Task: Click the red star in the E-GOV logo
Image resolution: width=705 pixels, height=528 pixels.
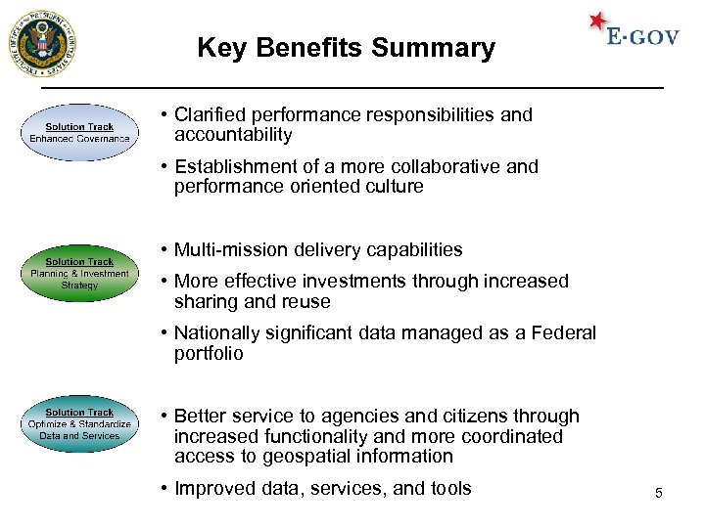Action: point(599,22)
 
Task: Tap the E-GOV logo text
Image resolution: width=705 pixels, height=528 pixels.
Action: point(642,38)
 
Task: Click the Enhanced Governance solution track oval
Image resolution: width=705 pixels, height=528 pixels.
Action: point(79,133)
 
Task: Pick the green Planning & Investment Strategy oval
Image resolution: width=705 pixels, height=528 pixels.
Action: point(79,274)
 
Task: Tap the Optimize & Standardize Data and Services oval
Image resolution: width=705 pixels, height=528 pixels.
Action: point(79,424)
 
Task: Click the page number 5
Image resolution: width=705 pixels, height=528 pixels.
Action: point(659,493)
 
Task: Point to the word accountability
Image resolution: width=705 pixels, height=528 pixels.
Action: point(233,135)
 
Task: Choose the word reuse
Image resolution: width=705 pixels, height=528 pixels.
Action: point(305,301)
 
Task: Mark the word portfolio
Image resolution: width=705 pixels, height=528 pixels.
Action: point(209,354)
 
